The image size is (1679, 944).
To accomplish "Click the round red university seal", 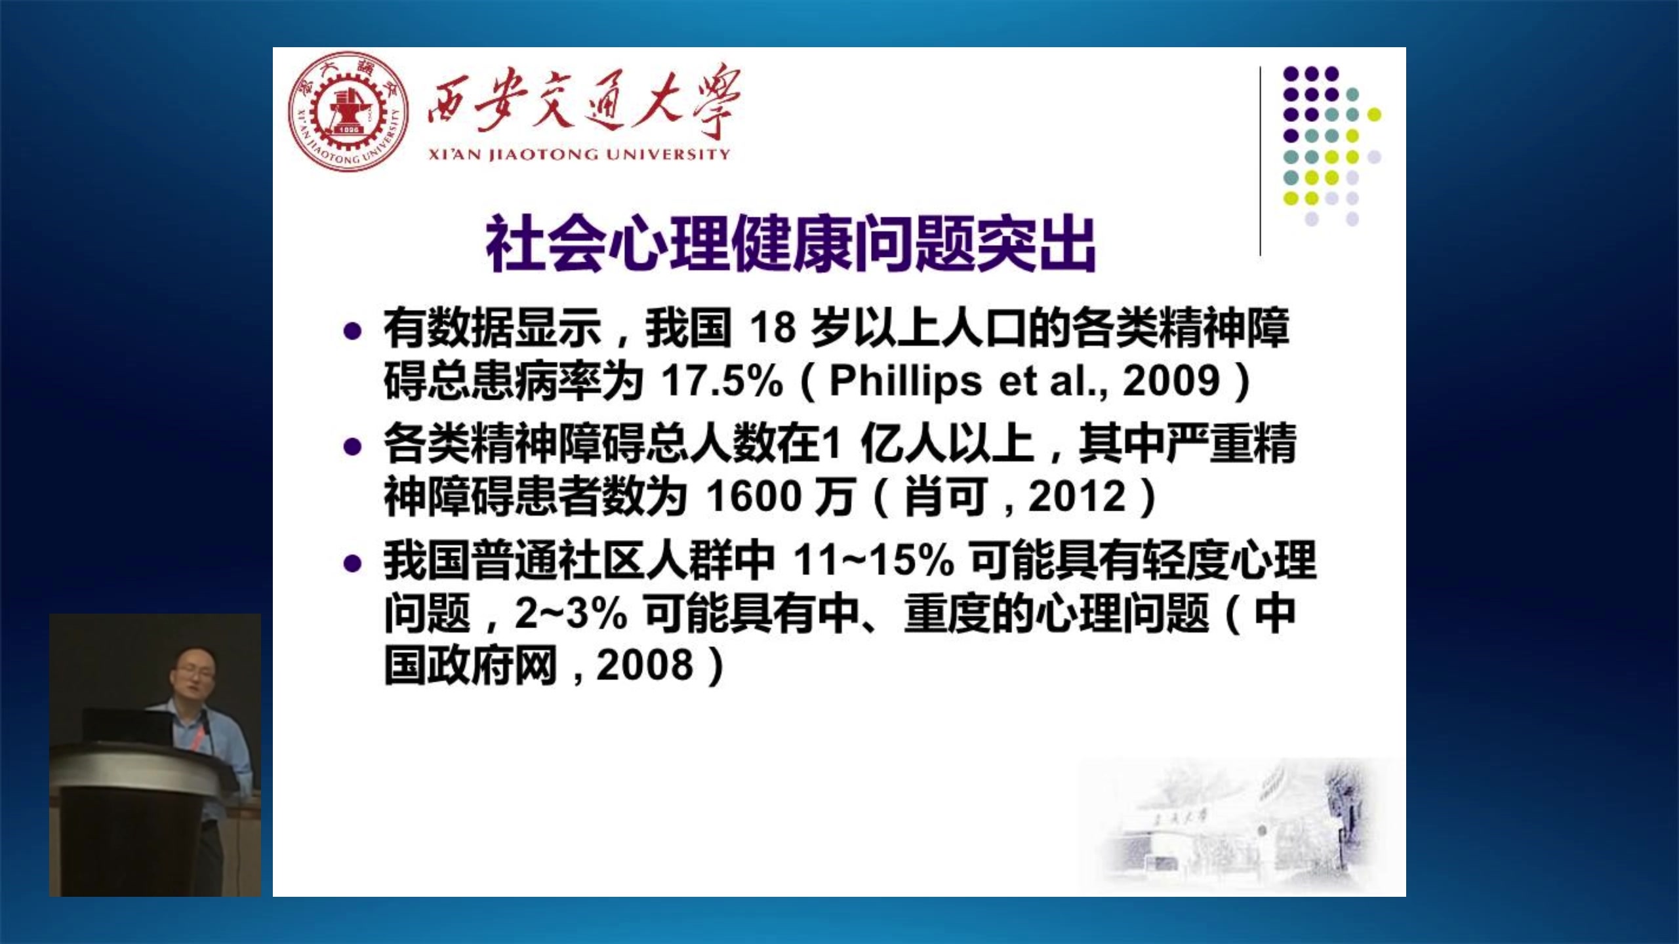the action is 348,112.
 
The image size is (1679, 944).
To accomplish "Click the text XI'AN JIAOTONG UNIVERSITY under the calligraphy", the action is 579,155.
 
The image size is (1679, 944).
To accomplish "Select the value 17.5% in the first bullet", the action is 722,380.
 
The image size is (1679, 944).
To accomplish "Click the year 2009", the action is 1171,380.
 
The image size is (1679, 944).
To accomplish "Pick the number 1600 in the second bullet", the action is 754,496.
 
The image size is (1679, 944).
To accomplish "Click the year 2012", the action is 1077,496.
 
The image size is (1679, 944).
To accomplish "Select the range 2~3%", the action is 571,614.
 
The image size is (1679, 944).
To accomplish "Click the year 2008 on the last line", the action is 645,665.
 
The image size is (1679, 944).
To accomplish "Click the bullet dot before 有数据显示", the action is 353,331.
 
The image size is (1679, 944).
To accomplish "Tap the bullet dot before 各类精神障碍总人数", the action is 353,447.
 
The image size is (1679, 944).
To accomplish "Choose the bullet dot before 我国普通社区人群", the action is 353,563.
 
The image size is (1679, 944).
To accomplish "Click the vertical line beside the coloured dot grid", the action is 1261,161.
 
